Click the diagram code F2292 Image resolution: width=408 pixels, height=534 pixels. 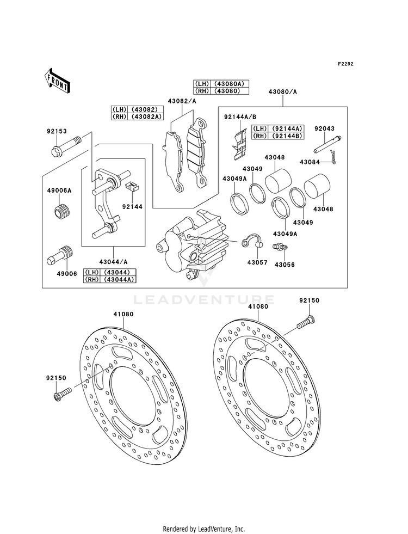click(x=345, y=64)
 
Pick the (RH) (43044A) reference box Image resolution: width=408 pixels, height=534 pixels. click(x=109, y=279)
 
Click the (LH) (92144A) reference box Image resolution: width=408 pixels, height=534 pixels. click(x=277, y=128)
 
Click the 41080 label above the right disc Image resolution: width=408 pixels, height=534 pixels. click(x=258, y=306)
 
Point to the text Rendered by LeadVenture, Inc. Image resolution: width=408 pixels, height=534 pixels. click(x=203, y=529)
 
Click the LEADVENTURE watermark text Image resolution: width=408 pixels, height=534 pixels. click(x=203, y=299)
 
